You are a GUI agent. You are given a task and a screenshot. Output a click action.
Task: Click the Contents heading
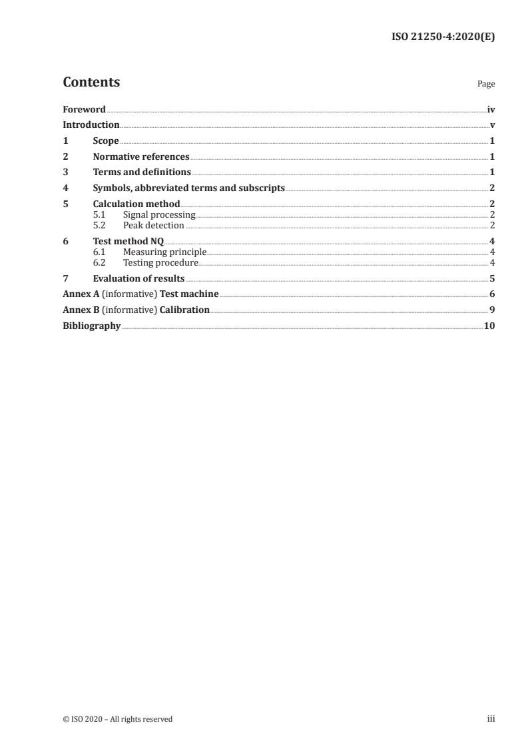91,83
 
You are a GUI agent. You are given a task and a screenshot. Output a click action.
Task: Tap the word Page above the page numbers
486,85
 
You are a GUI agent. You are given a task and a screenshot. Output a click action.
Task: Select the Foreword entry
84,109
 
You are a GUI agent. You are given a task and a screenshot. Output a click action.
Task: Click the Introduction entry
91,125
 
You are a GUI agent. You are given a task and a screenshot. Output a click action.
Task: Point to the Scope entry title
106,141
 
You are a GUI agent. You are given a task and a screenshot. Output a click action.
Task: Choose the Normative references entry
141,157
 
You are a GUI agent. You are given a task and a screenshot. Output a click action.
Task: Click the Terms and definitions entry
142,172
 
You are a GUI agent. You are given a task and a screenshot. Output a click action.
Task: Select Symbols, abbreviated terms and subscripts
188,188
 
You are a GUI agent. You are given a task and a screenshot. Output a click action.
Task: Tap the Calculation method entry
136,204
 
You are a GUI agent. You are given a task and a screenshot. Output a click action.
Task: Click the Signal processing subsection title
159,214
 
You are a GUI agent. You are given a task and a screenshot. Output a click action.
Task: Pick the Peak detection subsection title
153,225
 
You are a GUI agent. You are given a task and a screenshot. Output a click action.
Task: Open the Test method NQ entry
128,241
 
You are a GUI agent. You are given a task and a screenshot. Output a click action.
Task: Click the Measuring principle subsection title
164,252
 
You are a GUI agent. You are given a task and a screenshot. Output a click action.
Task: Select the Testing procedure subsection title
160,262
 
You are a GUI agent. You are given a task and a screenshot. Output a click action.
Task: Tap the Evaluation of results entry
138,278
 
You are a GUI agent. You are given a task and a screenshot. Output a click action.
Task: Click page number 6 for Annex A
491,294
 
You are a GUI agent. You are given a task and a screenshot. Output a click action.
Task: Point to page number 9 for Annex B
491,310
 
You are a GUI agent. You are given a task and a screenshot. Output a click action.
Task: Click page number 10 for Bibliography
489,326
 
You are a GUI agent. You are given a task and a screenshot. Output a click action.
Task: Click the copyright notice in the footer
117,719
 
